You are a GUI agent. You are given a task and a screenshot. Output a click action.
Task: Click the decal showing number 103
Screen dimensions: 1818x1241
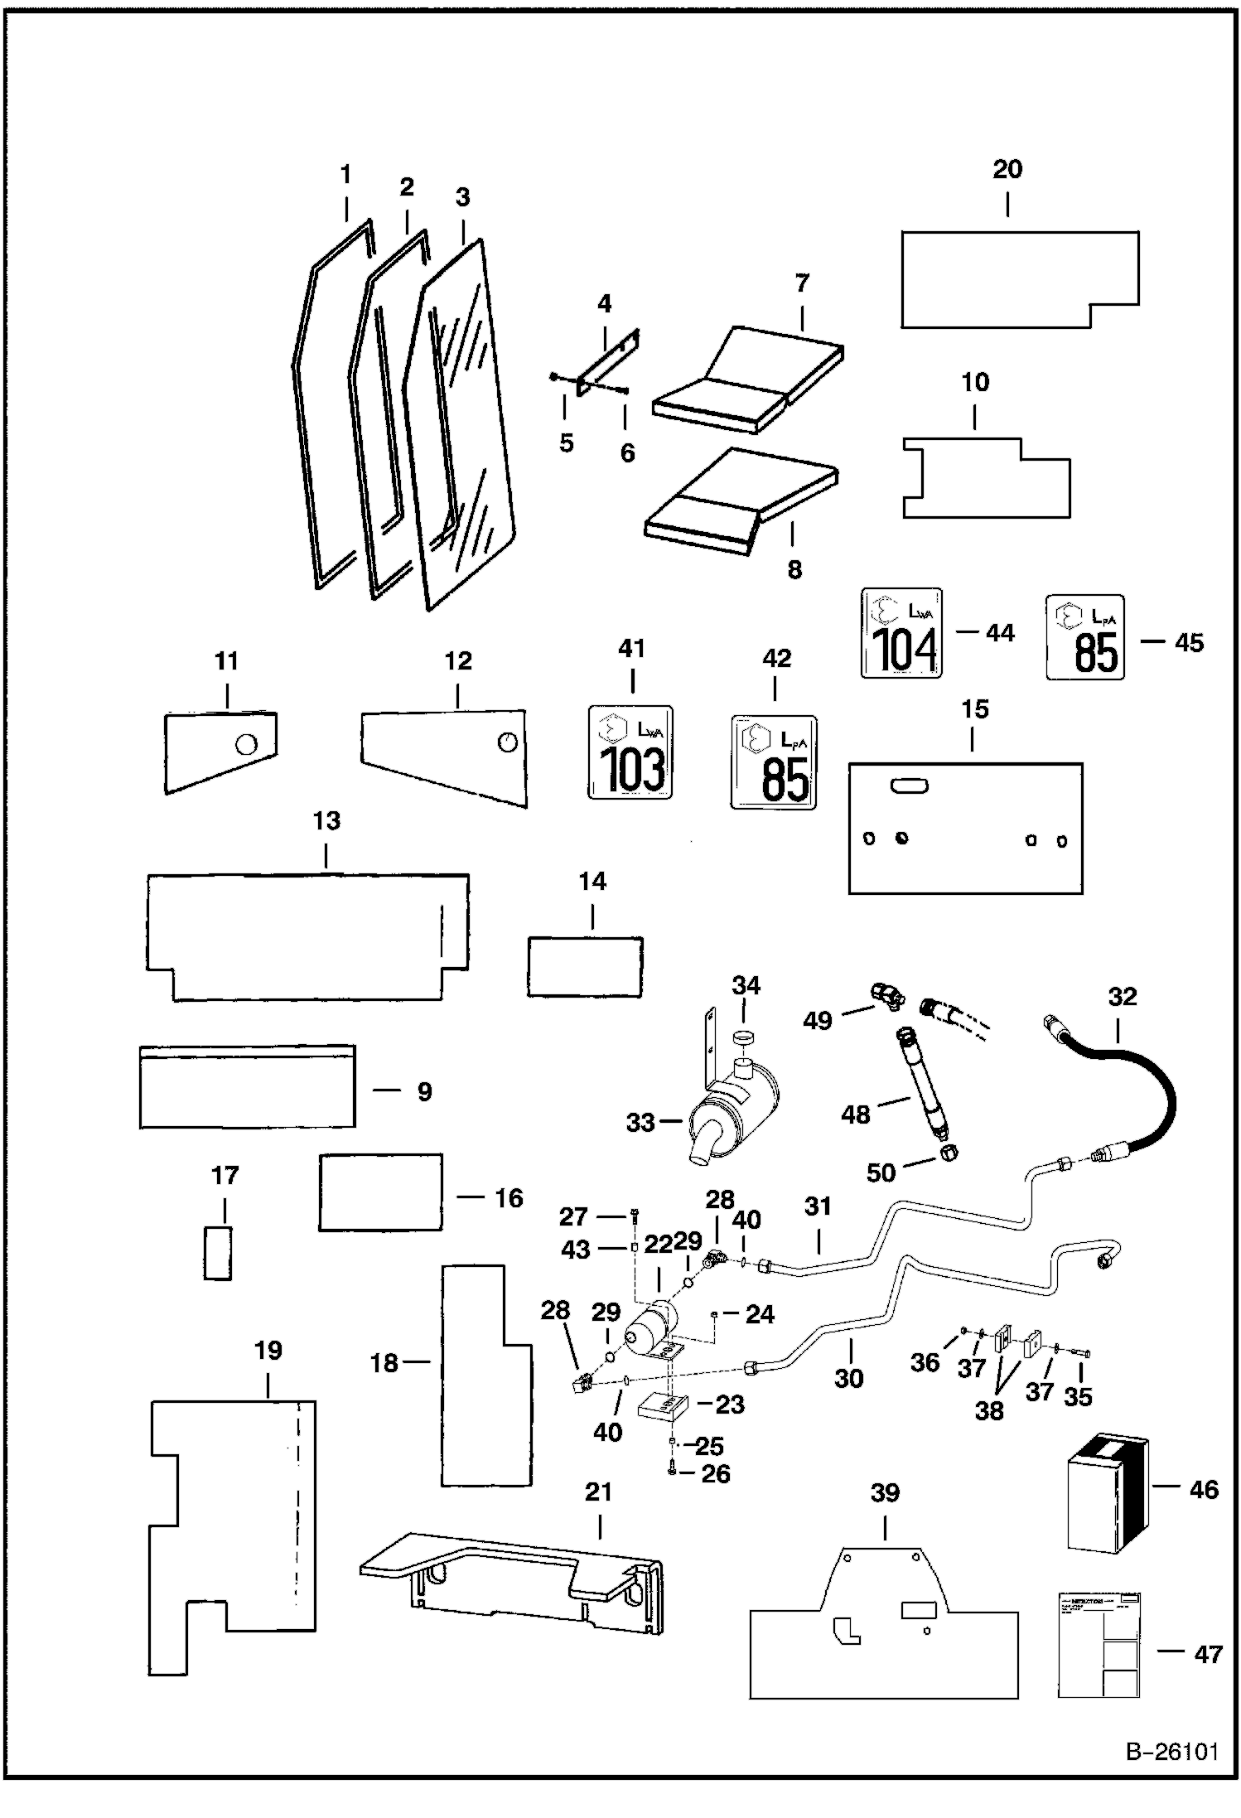pyautogui.click(x=630, y=752)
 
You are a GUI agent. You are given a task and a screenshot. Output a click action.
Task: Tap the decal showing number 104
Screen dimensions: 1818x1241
pyautogui.click(x=901, y=633)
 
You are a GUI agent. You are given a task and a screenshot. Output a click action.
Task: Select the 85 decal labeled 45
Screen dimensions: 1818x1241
pyautogui.click(x=1085, y=637)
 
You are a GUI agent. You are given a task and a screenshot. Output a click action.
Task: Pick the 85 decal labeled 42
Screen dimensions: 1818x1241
pyautogui.click(x=774, y=762)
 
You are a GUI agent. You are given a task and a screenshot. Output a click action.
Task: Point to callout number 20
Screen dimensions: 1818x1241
pyautogui.click(x=1007, y=170)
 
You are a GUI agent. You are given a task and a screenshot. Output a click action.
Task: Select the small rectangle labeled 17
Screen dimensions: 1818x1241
pyautogui.click(x=218, y=1253)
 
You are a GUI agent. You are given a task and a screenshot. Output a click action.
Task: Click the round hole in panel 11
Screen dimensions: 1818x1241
pyautogui.click(x=245, y=744)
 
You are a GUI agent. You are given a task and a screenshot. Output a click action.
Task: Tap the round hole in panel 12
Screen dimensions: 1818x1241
pyautogui.click(x=507, y=742)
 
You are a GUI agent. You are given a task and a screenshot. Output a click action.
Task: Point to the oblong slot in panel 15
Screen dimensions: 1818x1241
pyautogui.click(x=909, y=786)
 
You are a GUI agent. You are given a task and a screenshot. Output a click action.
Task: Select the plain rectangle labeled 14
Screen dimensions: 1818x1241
pyautogui.click(x=586, y=966)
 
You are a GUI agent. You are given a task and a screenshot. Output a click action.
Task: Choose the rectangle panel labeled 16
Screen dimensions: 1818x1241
pyautogui.click(x=380, y=1192)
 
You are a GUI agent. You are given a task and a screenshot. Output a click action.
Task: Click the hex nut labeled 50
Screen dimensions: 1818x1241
pyautogui.click(x=949, y=1153)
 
